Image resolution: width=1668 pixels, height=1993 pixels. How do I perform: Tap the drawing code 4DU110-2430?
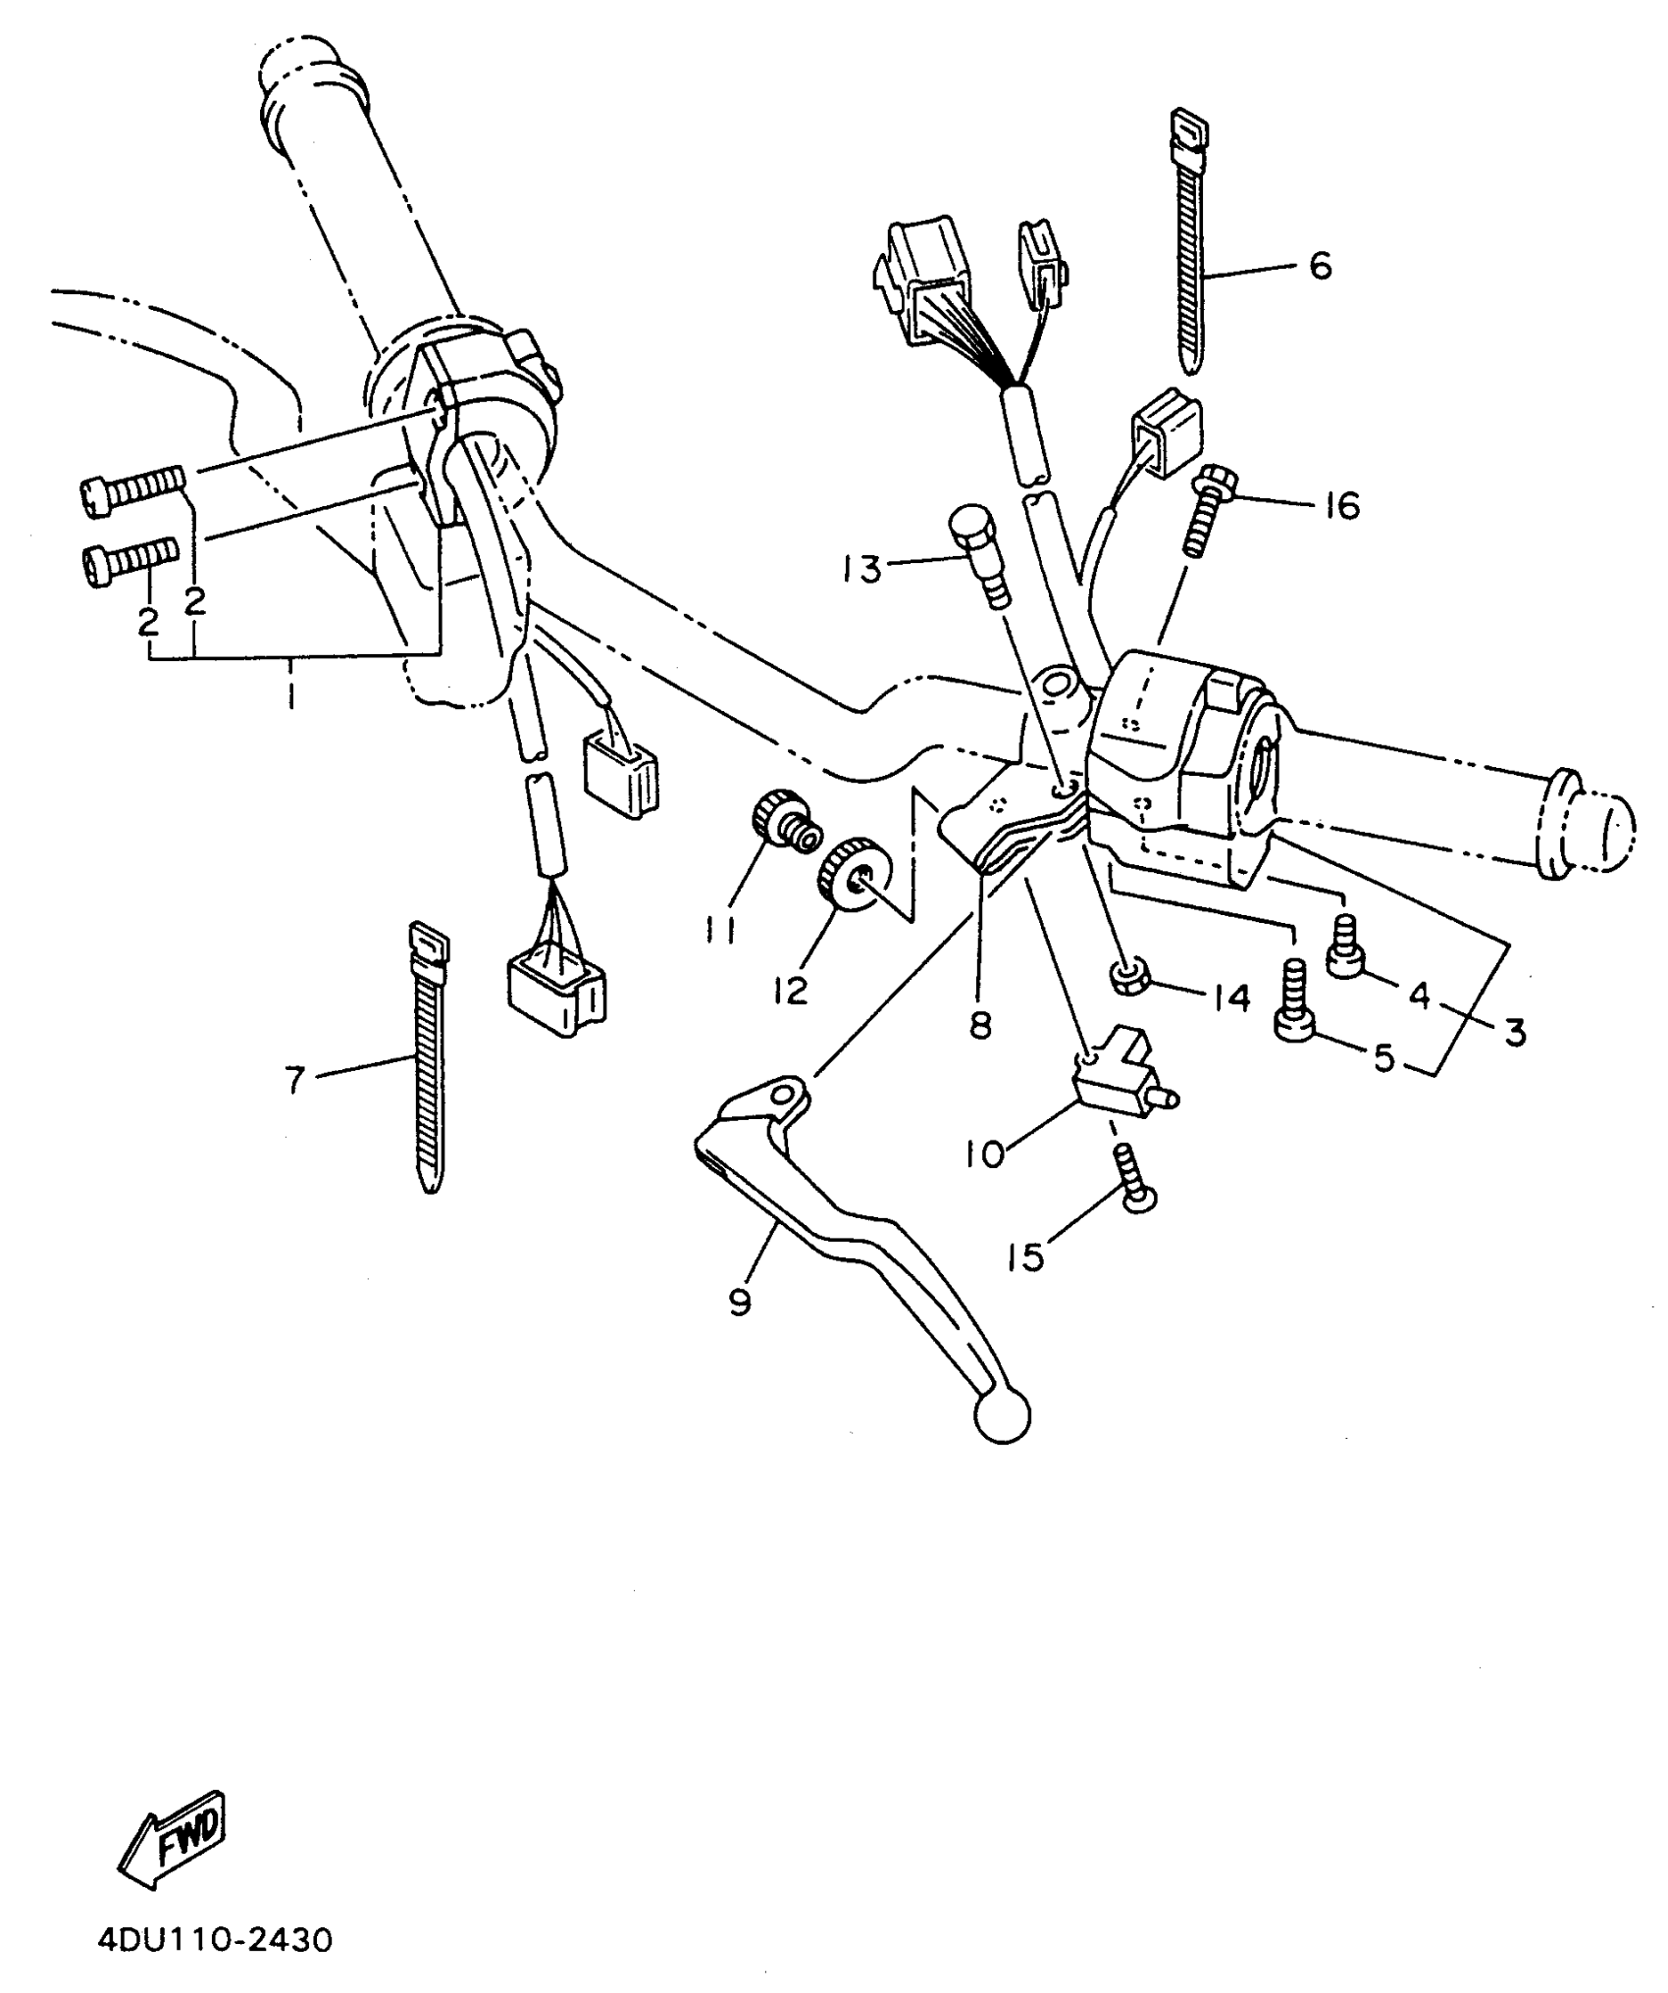click(215, 1940)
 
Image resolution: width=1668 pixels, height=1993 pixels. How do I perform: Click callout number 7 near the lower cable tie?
click(295, 1080)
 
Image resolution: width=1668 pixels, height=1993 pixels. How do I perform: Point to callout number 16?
click(1341, 506)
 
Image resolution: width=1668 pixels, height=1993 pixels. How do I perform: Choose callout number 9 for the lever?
click(740, 1303)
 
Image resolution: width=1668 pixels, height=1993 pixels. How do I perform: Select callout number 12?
click(790, 991)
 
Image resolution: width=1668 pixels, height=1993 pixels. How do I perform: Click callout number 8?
click(980, 1025)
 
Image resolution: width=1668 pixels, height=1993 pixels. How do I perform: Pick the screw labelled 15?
click(1134, 1181)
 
